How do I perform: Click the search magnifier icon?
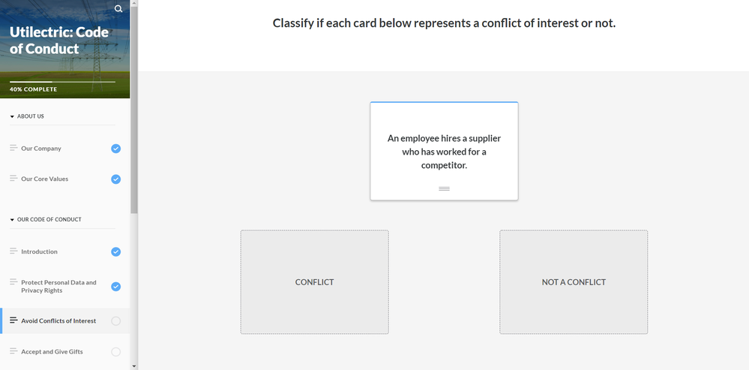118,8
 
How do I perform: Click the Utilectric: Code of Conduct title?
58,41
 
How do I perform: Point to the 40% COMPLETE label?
33,89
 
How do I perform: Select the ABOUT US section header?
31,116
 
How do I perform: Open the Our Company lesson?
41,148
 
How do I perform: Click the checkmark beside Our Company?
115,149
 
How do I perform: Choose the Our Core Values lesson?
44,179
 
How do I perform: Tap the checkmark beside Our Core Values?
115,179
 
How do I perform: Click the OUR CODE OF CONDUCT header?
49,219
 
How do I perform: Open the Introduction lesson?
39,251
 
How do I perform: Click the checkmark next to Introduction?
115,252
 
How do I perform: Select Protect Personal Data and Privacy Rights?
58,287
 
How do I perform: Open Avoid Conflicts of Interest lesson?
58,320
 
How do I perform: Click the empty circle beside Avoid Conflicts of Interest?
115,321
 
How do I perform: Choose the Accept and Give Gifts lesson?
52,351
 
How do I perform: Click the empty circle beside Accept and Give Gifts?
115,352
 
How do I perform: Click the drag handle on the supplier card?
445,189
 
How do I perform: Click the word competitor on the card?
443,165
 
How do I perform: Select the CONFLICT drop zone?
314,282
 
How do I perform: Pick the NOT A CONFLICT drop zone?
574,282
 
